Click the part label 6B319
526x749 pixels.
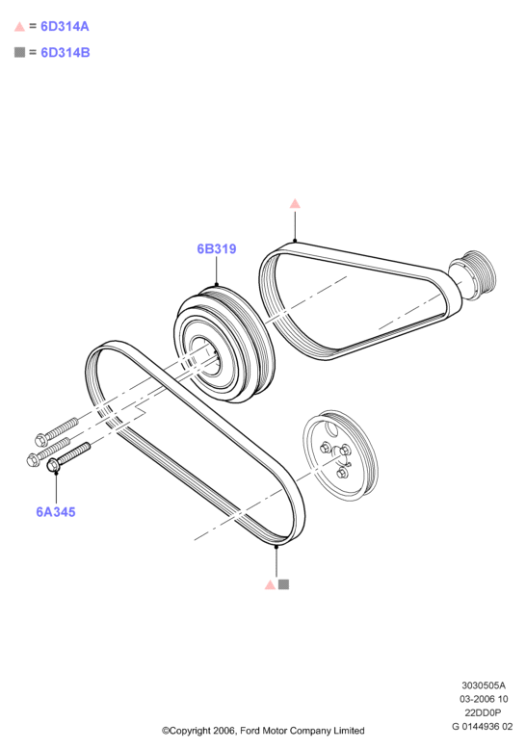(x=217, y=249)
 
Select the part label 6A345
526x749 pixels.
(x=56, y=512)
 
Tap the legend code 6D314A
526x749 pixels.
(x=65, y=26)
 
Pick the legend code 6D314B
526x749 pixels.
(x=66, y=52)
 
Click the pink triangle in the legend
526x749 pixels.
(x=19, y=27)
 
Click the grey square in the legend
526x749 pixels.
(x=19, y=52)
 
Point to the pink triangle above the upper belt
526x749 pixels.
(x=295, y=204)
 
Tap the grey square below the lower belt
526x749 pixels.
(x=283, y=584)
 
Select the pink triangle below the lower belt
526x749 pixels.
(x=270, y=584)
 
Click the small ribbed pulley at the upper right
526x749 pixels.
(x=472, y=275)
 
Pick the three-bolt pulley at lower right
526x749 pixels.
(x=340, y=455)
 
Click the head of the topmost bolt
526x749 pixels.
(x=41, y=440)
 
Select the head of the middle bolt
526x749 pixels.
(x=33, y=459)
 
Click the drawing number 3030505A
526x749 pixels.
(x=484, y=685)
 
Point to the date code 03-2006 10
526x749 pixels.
(x=484, y=699)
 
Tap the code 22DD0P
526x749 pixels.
(x=483, y=712)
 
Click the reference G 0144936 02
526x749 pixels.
(x=483, y=727)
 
